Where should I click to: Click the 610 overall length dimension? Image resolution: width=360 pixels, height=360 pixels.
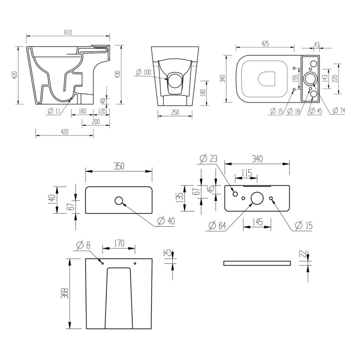[68, 32]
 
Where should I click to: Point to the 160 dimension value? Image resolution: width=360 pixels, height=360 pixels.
[82, 111]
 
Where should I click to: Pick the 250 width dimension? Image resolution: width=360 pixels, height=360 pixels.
[175, 112]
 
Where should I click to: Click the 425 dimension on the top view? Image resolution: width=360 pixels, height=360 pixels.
[265, 44]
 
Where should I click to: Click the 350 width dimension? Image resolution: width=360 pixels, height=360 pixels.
[118, 166]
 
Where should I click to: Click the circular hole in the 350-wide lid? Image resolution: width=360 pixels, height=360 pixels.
[119, 201]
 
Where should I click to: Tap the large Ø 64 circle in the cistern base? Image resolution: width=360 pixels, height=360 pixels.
[257, 198]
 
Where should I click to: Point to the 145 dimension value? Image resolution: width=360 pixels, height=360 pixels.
[257, 222]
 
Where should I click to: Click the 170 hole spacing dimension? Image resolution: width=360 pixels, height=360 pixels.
[119, 243]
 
